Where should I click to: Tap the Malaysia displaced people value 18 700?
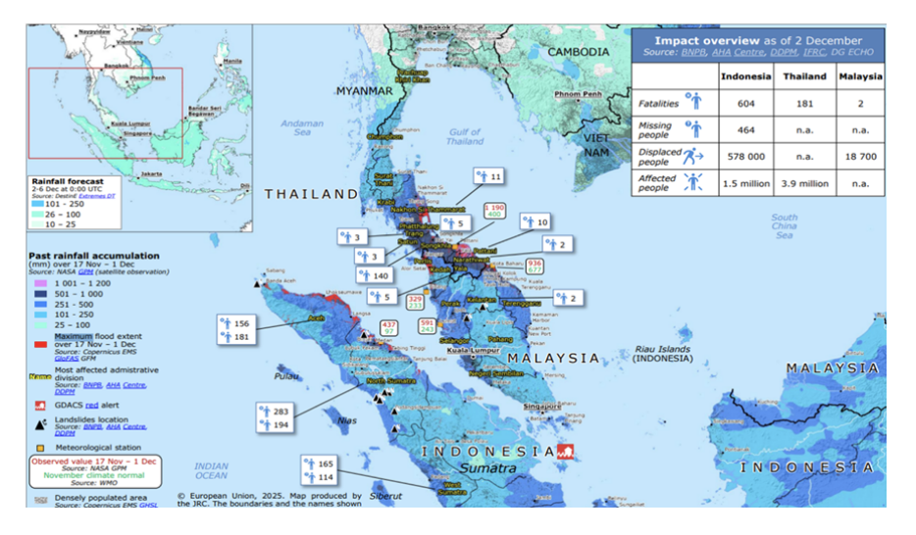point(860,155)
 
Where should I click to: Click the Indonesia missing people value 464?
point(744,127)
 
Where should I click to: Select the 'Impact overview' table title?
point(757,39)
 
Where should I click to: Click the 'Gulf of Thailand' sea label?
point(465,136)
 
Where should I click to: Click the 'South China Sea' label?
point(785,226)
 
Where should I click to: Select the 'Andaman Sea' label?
point(302,129)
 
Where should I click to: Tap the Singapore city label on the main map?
point(541,405)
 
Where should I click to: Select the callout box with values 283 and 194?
point(275,417)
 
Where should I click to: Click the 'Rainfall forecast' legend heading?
point(63,181)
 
